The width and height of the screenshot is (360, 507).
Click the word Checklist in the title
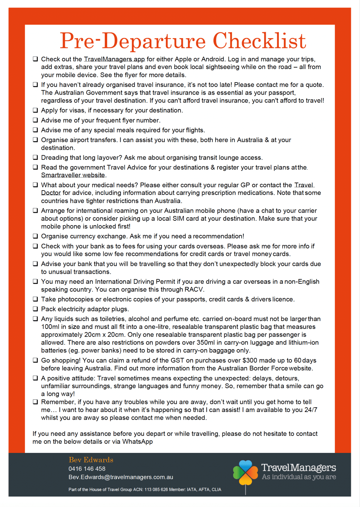259,41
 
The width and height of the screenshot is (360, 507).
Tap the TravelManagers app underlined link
114,59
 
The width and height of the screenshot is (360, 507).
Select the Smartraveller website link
73,175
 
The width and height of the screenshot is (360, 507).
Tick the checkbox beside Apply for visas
35,110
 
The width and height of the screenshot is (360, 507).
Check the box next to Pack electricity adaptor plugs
35,309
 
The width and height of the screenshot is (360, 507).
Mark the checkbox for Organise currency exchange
35,236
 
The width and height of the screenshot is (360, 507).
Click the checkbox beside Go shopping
35,360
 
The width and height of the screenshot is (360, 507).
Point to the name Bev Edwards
91,460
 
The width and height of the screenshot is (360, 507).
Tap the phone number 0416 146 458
87,469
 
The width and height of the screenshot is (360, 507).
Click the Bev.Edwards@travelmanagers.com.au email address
121,477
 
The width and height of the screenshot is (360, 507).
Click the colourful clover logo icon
245,473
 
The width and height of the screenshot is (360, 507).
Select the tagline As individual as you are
299,477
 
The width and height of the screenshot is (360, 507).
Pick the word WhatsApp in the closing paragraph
137,442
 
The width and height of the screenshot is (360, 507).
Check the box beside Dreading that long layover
35,158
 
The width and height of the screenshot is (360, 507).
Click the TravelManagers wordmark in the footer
298,467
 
